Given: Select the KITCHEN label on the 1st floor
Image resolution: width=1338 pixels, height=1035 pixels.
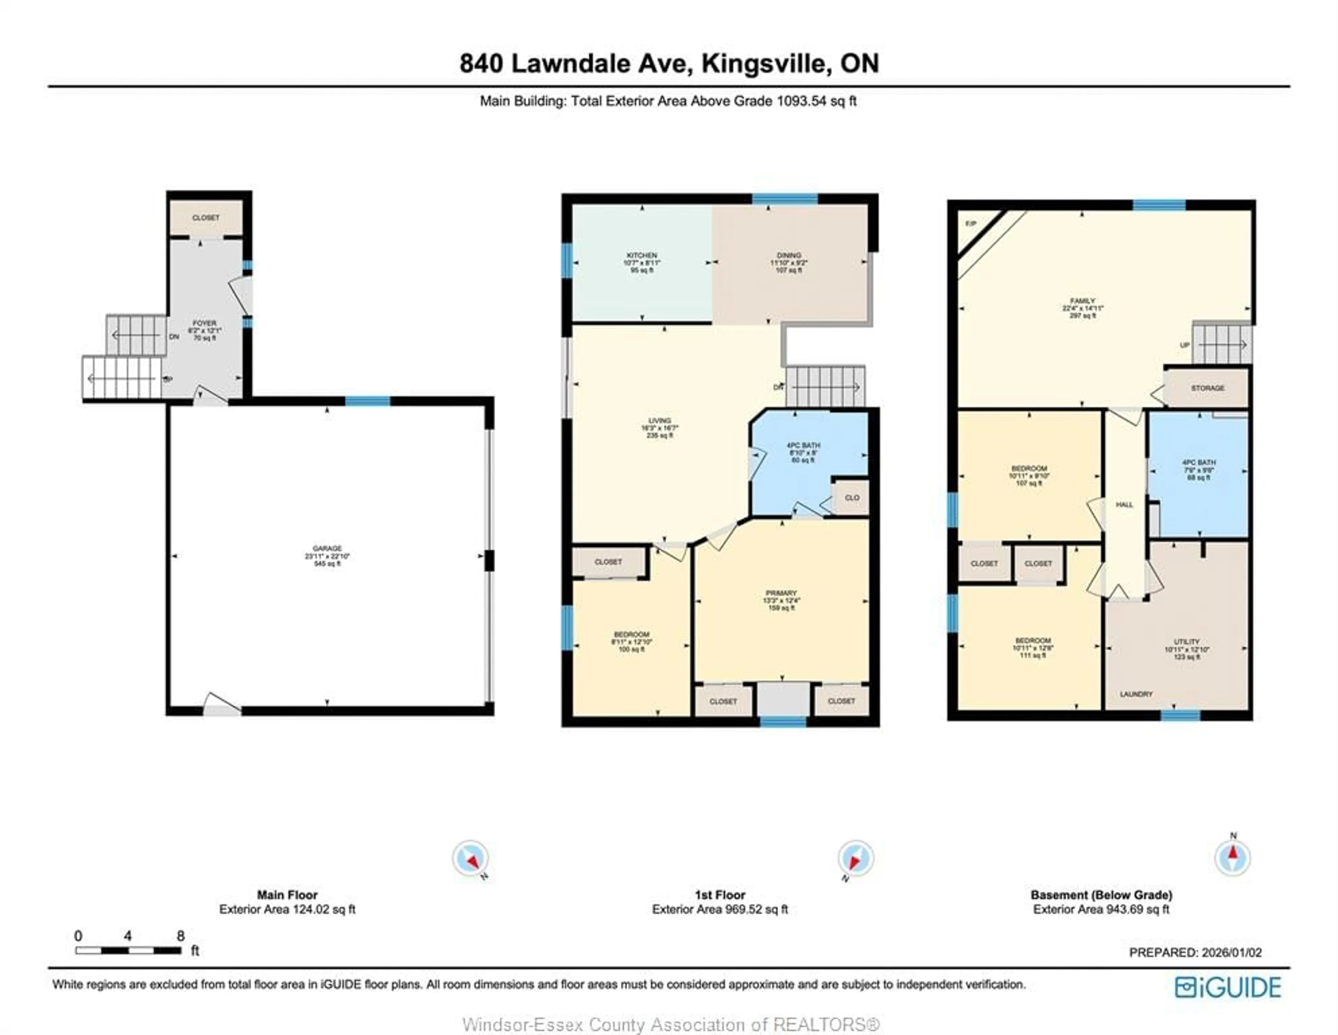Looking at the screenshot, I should pos(641,255).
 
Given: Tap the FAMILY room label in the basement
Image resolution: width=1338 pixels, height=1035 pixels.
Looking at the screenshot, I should pos(1083,301).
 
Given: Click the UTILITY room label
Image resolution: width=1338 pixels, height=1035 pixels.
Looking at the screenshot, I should pos(1187,642).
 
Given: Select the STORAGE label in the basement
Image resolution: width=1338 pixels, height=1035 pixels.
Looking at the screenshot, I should pos(1207,388).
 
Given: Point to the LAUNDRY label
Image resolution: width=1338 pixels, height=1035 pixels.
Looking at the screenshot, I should pos(1136,694).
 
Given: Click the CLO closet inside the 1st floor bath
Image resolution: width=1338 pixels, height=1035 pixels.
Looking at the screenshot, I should pos(852,498).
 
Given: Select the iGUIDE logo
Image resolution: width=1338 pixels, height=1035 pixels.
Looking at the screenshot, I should pos(1228,987).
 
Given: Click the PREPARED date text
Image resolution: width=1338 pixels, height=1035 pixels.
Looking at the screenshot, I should pos(1195,952).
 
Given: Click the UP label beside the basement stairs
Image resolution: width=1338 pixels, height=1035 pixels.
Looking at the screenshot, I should pos(1184,345).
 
